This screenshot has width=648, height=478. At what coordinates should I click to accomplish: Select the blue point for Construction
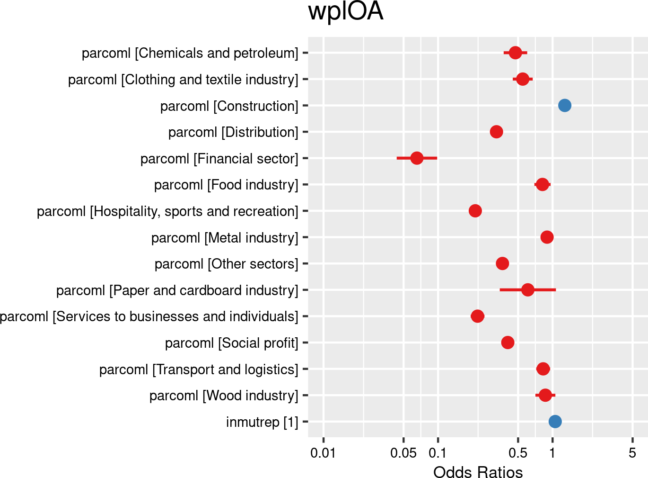(x=564, y=105)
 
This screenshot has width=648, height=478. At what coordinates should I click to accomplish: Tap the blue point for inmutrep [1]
(x=555, y=421)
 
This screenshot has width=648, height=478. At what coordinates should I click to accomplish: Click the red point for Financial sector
(x=416, y=158)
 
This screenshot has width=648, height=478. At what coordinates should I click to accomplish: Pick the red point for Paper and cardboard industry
(x=527, y=289)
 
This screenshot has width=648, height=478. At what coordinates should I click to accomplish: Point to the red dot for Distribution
(x=496, y=132)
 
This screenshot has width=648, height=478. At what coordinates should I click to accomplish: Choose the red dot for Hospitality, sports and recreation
(x=475, y=210)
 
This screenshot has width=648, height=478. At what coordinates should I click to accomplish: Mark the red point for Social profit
(x=508, y=342)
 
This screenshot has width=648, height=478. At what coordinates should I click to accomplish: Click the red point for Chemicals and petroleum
(x=515, y=53)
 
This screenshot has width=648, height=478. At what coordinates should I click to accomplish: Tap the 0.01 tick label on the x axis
(x=323, y=453)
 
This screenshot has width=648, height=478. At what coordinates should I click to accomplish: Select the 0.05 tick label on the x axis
(x=403, y=453)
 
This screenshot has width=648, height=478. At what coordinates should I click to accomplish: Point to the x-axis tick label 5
(x=632, y=453)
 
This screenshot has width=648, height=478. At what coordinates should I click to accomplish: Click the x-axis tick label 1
(x=552, y=453)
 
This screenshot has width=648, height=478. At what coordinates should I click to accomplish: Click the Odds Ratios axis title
(x=478, y=472)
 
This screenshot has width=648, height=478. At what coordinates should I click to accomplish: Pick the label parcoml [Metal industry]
(x=225, y=237)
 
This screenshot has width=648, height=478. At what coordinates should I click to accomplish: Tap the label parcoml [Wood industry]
(x=224, y=395)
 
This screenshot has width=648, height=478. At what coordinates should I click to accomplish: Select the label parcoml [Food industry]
(x=226, y=185)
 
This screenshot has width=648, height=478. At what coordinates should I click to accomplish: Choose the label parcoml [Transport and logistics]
(x=199, y=369)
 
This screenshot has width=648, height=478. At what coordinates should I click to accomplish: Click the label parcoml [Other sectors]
(x=226, y=264)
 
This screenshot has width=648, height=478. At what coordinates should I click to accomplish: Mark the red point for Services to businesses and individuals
(x=477, y=316)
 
